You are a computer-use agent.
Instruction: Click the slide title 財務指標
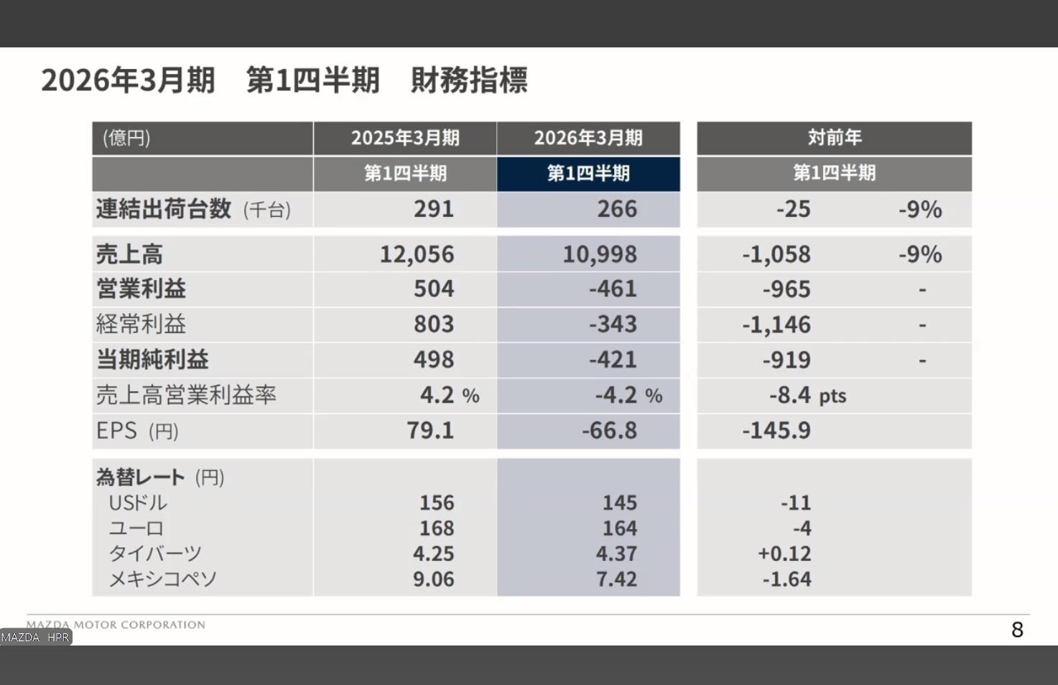tap(469, 80)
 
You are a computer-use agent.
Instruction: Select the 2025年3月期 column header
tap(405, 138)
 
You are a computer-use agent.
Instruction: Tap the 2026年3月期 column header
tap(588, 138)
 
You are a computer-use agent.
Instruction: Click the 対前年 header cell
tap(834, 138)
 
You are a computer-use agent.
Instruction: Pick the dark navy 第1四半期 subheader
tap(588, 173)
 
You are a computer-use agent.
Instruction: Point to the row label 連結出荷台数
tap(164, 209)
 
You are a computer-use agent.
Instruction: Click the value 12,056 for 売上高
tap(417, 254)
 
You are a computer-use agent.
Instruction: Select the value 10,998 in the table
tap(600, 254)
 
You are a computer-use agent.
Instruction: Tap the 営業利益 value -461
tap(613, 289)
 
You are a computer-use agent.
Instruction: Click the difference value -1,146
tap(776, 325)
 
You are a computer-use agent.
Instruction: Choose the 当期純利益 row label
tap(152, 359)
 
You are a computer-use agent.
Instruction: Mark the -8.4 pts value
tap(807, 395)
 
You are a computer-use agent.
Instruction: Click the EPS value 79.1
tap(430, 430)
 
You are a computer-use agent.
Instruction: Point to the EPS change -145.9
tap(776, 430)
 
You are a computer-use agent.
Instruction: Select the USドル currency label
tap(138, 503)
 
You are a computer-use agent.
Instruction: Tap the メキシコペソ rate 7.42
tap(616, 579)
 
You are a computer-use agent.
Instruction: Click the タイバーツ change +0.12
tap(784, 554)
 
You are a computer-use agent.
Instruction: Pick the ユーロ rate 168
tap(437, 528)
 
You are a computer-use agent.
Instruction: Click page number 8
tap(1017, 630)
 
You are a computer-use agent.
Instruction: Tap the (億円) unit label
tap(126, 138)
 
